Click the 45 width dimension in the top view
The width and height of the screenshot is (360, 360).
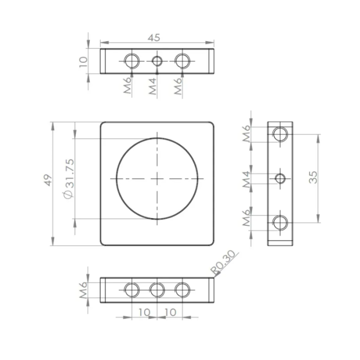point(154,38)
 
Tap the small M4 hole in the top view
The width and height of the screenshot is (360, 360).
point(157,61)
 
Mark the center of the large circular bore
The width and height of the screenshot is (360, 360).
point(157,178)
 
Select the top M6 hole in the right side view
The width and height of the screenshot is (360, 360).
point(280,134)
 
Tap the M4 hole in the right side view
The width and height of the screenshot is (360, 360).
point(280,178)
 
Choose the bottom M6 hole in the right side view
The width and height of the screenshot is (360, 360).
point(280,222)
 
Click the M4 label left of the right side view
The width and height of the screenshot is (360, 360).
point(247,178)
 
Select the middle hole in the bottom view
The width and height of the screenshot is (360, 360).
point(157,290)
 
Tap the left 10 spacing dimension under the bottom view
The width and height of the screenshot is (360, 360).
point(145,312)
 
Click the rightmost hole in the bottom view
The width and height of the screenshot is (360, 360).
point(181,290)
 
